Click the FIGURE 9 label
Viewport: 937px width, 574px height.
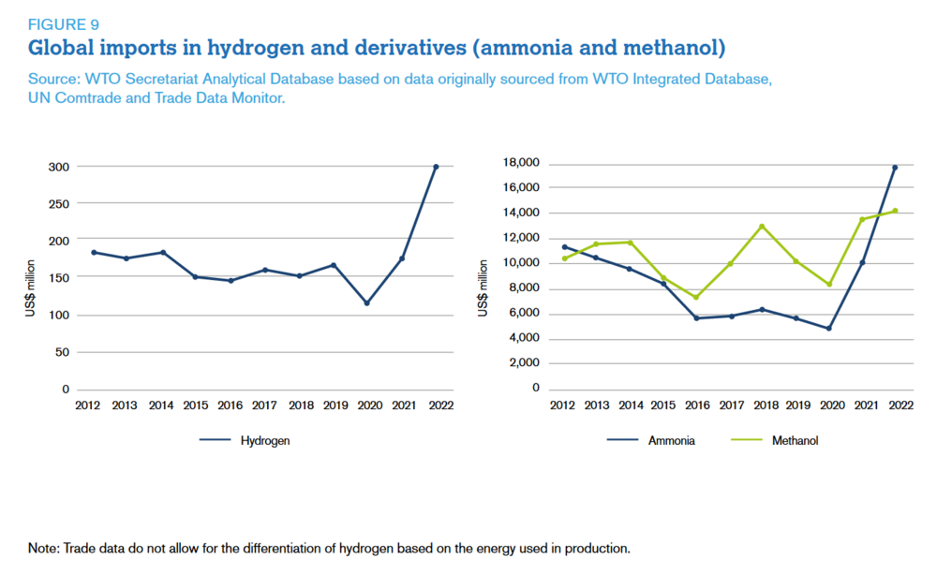(x=64, y=24)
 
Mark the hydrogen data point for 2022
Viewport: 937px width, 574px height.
(x=436, y=167)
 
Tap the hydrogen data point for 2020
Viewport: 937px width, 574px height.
(x=367, y=303)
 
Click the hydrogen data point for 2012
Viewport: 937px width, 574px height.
(x=94, y=252)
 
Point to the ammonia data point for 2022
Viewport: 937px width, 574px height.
(x=895, y=168)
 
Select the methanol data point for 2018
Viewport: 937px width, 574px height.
(x=762, y=226)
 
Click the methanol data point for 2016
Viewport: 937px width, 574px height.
(x=695, y=298)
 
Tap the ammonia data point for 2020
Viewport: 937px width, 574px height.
(x=828, y=329)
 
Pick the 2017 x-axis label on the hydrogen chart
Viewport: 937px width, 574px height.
(x=265, y=405)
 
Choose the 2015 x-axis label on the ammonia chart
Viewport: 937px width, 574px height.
(x=662, y=405)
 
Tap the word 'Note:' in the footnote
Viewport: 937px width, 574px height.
(x=43, y=548)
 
